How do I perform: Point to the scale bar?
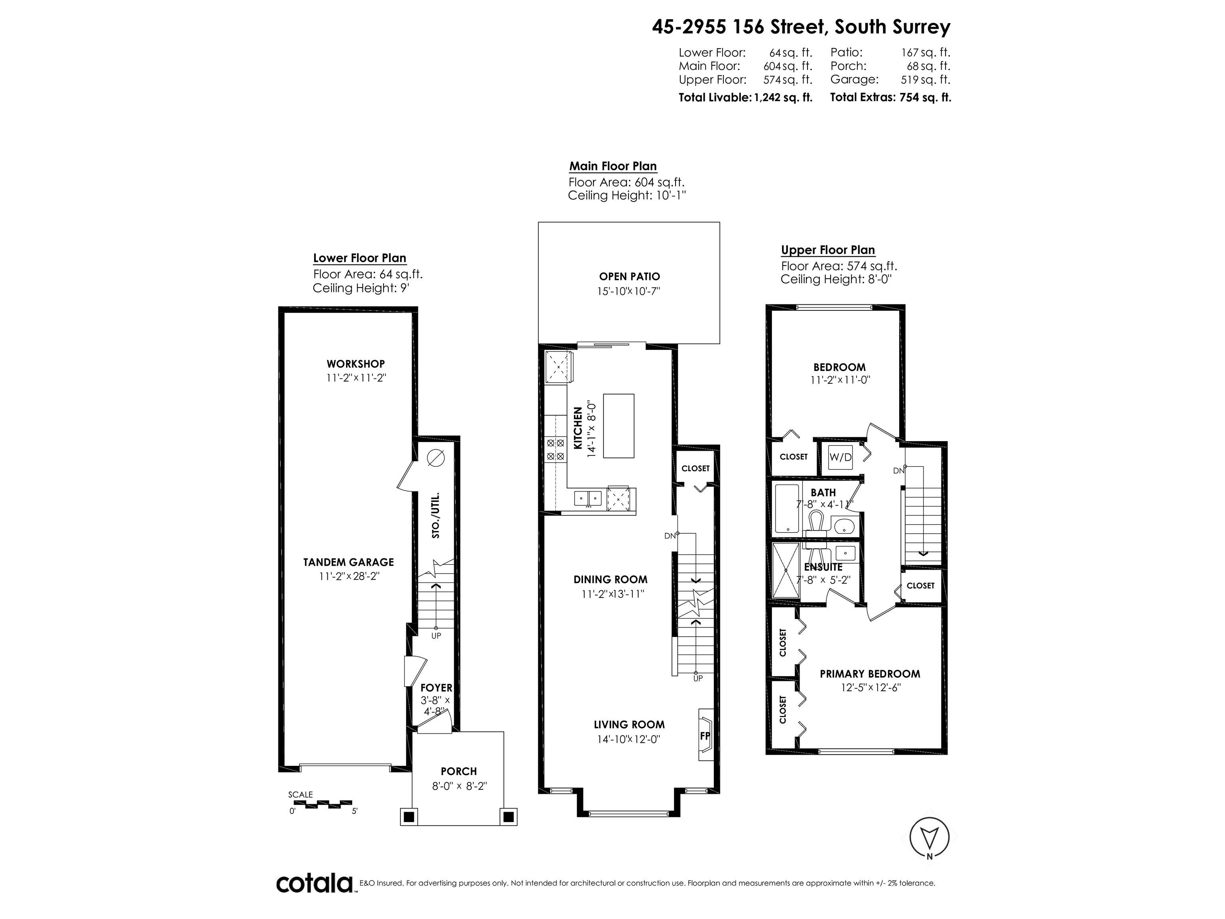click(321, 802)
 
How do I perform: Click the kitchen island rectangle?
click(618, 426)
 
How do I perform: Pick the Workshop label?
click(356, 364)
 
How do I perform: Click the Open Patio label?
click(630, 276)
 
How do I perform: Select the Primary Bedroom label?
click(870, 674)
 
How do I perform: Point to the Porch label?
click(459, 771)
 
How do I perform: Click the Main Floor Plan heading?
click(613, 166)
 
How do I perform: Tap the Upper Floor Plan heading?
click(828, 250)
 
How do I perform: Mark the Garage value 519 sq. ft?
click(926, 79)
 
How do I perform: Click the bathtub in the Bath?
click(786, 509)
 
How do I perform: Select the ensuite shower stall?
click(786, 571)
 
